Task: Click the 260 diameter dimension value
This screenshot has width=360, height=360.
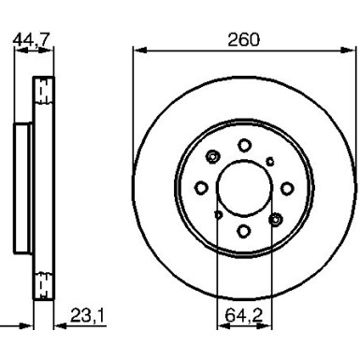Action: [243, 39]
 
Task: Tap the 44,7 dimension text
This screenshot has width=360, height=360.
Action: [31, 39]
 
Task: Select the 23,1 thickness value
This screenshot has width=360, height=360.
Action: [88, 315]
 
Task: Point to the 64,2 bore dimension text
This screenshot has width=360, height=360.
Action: [244, 316]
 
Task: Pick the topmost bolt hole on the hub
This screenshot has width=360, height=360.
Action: [244, 145]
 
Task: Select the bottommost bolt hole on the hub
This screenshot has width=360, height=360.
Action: [244, 231]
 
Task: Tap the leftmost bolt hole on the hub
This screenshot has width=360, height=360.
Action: [201, 188]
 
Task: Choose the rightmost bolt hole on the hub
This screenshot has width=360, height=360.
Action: [287, 188]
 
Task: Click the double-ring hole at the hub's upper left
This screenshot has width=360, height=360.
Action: [213, 156]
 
